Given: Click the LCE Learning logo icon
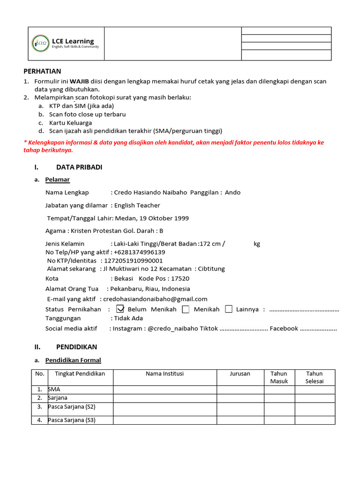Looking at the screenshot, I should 39,43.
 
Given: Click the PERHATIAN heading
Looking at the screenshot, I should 42,71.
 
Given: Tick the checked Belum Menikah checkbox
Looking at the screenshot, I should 120,309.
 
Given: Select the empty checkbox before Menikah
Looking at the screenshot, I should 186,309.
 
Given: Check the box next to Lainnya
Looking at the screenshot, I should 229,309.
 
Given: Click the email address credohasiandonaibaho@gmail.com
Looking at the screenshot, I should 155,299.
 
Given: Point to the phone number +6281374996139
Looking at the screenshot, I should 139,252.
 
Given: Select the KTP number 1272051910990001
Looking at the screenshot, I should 134,261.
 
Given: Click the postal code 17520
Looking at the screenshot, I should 180,278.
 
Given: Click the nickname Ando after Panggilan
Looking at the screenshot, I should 232,192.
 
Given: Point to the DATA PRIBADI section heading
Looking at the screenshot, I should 79,167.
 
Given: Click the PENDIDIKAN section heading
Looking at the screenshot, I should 76,347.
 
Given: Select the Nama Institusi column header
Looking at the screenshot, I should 165,374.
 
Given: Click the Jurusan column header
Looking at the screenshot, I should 240,374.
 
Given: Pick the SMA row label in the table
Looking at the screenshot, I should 54,390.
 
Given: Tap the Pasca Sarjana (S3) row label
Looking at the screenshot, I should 72,420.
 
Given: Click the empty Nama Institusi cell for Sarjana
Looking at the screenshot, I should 165,398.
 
